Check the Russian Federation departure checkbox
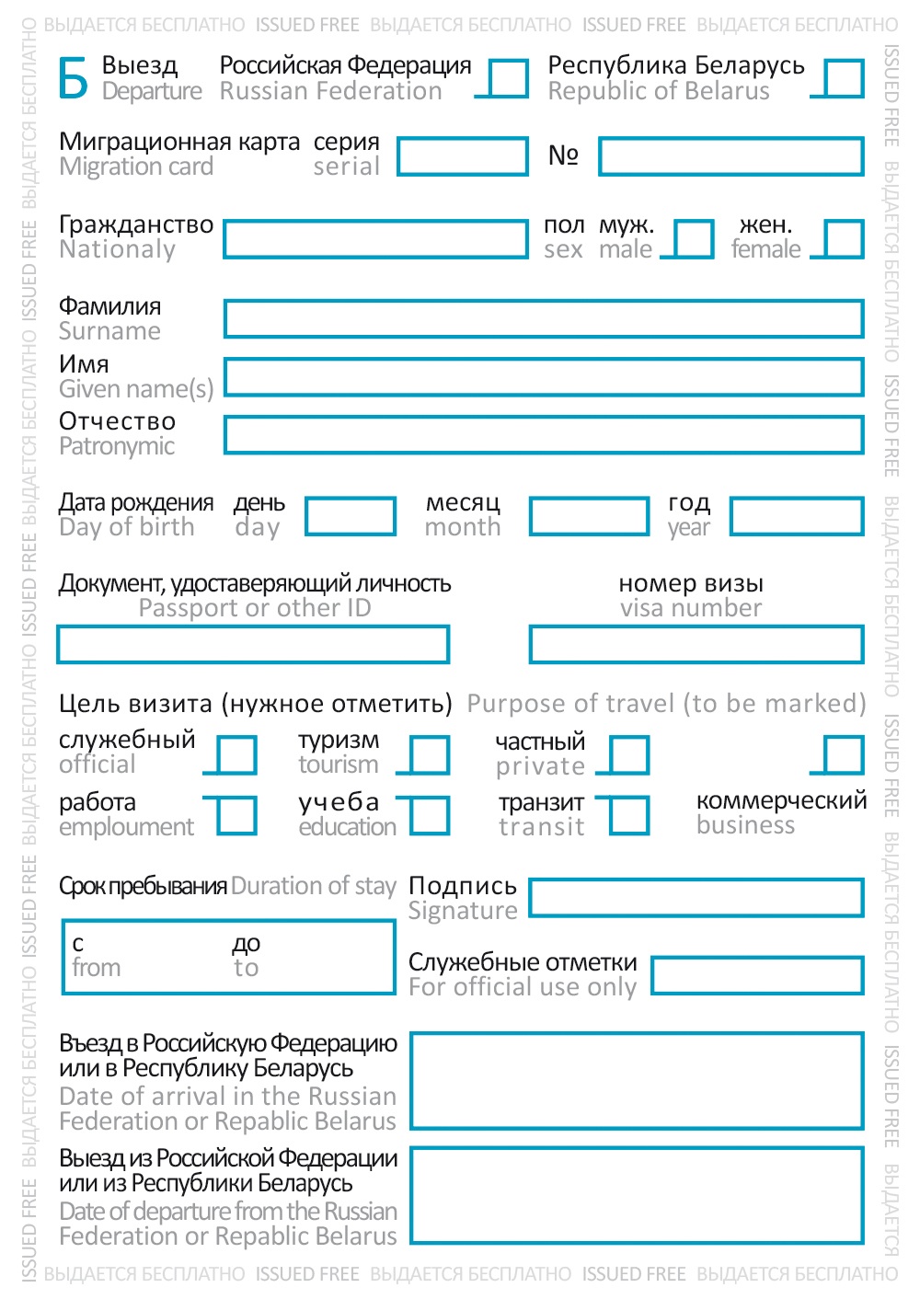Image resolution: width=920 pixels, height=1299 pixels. pos(508,79)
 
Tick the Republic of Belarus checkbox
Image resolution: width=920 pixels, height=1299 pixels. pos(844,79)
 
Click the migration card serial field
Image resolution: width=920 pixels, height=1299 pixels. pos(463,156)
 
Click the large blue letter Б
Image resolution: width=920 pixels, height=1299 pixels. pos(74,79)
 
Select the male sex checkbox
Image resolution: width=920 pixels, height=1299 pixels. pos(694,239)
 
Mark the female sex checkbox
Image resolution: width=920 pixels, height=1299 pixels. pos(844,239)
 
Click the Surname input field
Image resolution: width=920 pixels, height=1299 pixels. pos(544,319)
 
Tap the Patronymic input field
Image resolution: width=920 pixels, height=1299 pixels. pos(544,435)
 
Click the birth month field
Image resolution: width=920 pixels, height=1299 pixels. pos(589,517)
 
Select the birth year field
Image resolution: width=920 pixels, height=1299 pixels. pos(797,517)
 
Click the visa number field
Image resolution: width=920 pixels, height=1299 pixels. pos(696,645)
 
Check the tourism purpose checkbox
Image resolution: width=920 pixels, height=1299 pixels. pos(430,755)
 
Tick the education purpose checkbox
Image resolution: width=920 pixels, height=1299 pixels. pos(430,816)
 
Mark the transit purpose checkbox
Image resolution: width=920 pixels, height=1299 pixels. pos(629,816)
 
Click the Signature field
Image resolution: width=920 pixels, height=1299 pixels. pos(696,898)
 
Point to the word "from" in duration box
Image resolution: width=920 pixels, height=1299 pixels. pos(97,968)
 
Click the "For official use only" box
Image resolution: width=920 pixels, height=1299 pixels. pos(757,976)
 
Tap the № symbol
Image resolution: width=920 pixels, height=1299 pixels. pos(563,155)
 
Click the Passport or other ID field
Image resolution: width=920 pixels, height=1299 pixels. pos(253,645)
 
